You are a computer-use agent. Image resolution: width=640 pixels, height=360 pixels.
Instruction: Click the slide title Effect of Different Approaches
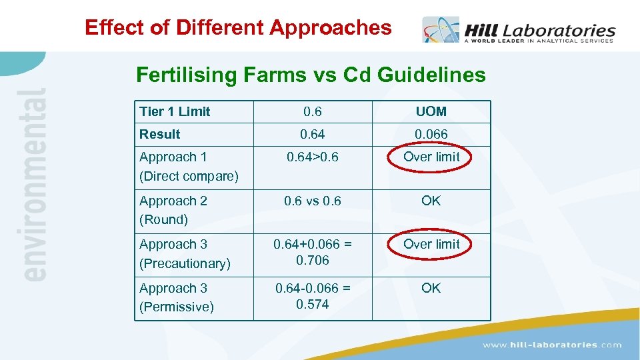point(238,27)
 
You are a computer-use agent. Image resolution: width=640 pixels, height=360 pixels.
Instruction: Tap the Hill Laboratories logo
point(519,31)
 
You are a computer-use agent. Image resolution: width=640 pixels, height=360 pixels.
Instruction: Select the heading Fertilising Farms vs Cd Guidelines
point(311,75)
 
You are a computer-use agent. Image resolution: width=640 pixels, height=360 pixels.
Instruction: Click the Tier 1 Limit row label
point(175,111)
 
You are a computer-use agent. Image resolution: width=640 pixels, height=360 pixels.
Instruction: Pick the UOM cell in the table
point(431,111)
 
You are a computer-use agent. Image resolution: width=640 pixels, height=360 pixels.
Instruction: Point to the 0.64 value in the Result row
point(312,134)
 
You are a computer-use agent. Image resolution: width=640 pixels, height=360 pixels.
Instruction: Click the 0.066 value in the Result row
point(431,134)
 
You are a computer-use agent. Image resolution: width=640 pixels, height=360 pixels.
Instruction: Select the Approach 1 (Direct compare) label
point(189,167)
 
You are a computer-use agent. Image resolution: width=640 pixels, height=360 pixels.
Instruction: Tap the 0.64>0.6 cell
point(312,157)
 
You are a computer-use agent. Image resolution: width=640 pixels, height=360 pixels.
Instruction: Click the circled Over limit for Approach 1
point(431,157)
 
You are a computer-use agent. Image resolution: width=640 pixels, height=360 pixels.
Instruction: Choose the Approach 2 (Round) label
point(173,210)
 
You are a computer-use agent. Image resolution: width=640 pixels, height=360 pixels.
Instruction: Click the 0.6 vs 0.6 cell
point(312,201)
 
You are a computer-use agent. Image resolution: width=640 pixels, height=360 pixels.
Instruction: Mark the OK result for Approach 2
point(431,201)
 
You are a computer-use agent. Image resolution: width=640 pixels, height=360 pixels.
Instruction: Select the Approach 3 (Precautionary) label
point(185,254)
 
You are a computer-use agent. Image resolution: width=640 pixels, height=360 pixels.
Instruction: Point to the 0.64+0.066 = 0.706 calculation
point(312,252)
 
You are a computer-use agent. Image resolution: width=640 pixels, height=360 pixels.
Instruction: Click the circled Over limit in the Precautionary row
point(431,244)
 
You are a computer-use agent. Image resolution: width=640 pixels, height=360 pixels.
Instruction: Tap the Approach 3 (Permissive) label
point(177,297)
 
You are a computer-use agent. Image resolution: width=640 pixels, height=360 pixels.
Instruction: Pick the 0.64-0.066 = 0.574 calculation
point(312,296)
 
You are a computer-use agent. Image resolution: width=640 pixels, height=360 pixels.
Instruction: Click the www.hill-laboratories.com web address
point(552,345)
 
